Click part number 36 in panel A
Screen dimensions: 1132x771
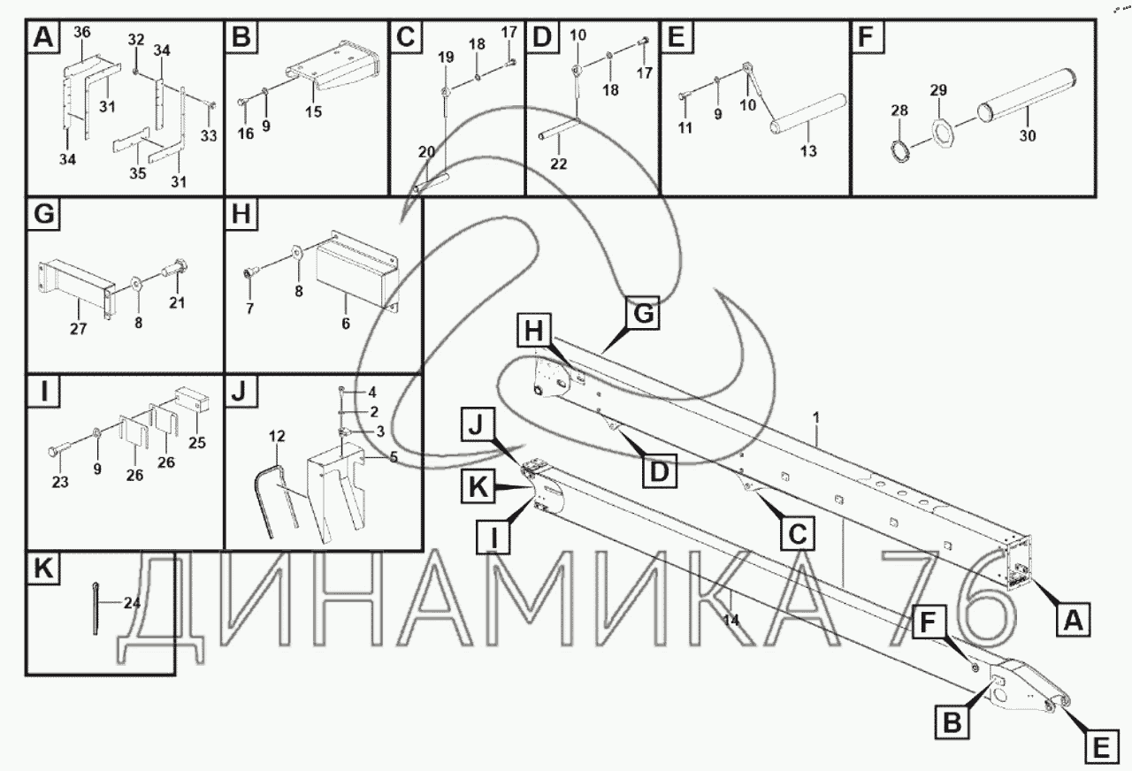point(82,33)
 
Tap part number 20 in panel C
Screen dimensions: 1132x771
point(426,152)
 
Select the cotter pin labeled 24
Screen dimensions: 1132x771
point(95,607)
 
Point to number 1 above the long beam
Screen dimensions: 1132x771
point(816,416)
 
